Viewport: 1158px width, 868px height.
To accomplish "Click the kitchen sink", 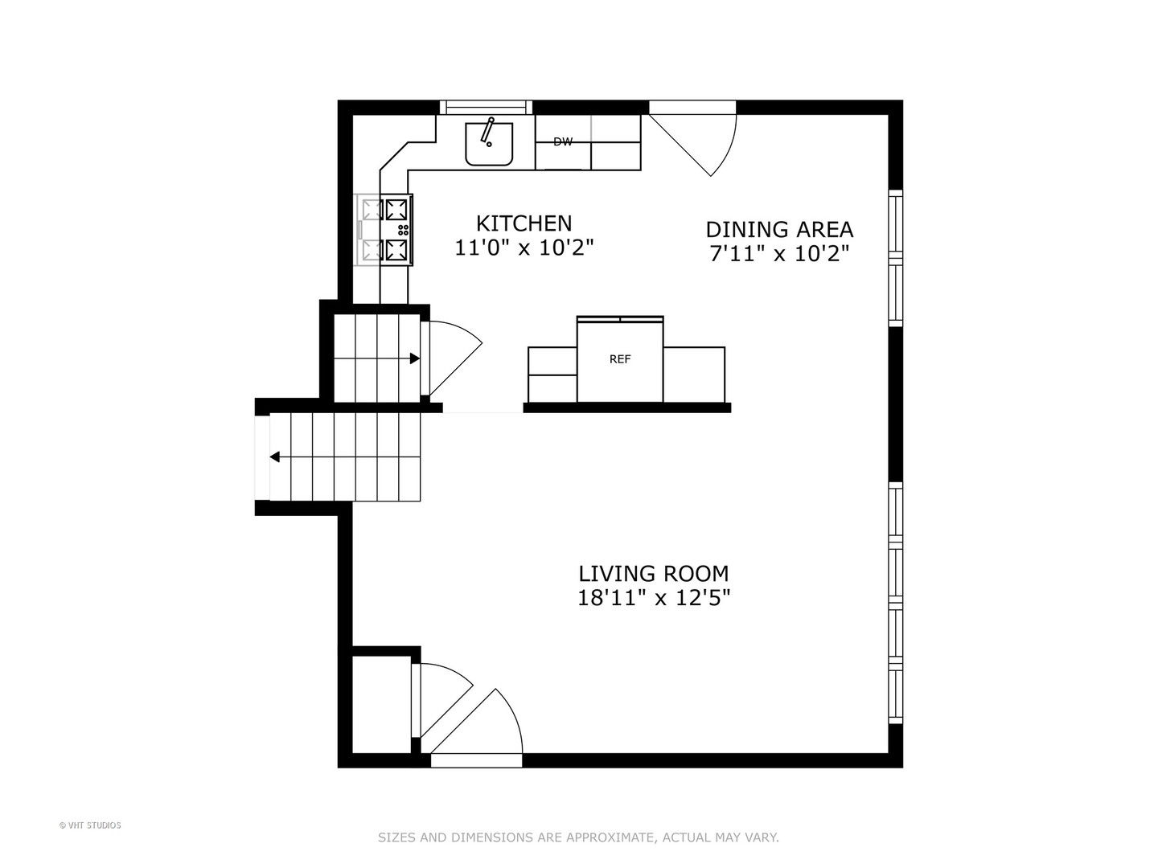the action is [x=488, y=144].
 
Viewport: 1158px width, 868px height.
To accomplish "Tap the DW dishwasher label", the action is [x=563, y=141].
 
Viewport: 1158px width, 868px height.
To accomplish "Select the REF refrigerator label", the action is [x=620, y=359].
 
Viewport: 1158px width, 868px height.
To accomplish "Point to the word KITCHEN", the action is [x=524, y=223].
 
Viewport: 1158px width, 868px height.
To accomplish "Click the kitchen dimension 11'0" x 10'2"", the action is [x=524, y=248].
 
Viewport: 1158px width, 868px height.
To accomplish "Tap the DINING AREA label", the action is [x=779, y=230].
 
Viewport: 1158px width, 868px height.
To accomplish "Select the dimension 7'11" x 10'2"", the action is [x=779, y=254].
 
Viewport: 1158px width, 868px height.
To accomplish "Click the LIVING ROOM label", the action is [x=654, y=573].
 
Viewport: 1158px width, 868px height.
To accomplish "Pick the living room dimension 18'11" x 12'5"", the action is [x=654, y=598].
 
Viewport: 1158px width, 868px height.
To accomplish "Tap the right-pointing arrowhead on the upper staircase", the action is [x=415, y=358].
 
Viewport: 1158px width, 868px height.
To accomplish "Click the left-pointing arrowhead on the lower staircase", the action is [x=275, y=457].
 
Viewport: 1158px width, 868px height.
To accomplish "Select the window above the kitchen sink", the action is [x=486, y=107].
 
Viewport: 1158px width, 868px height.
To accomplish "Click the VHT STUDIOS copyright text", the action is [x=90, y=825].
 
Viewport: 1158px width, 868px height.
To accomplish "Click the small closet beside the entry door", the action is [x=381, y=705].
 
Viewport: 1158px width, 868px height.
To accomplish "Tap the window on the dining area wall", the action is [x=896, y=258].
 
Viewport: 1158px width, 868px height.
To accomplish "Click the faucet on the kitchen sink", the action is [x=487, y=131].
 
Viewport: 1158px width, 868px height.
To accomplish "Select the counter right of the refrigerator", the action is [x=694, y=375].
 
